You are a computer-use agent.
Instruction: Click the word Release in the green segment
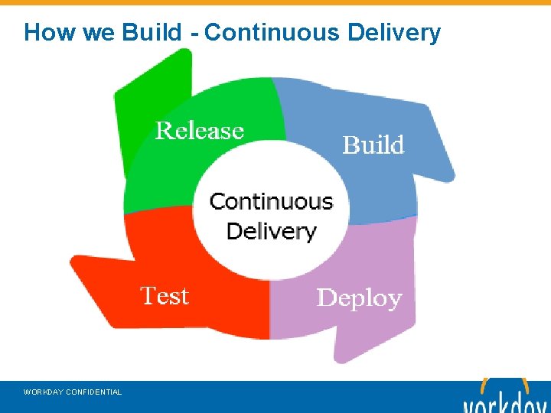click(199, 131)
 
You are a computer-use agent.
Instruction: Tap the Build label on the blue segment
click(373, 145)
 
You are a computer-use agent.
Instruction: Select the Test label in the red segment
click(164, 295)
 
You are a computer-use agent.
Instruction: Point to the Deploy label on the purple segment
click(359, 298)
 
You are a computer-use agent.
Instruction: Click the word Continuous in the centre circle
click(271, 202)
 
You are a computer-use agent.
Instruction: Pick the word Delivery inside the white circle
click(271, 231)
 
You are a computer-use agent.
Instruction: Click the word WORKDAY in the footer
click(44, 392)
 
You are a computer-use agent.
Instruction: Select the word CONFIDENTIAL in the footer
click(94, 392)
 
